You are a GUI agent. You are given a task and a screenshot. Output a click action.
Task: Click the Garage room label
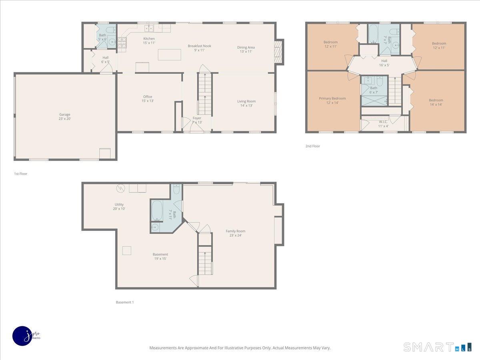[x=65, y=116]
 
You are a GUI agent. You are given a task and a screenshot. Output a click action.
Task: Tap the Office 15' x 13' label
[x=148, y=98]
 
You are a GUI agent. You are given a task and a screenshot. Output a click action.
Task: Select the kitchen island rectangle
[x=169, y=54]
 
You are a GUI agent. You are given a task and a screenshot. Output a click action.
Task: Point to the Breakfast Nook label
[x=199, y=48]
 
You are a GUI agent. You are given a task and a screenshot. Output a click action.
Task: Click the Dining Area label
[x=246, y=49]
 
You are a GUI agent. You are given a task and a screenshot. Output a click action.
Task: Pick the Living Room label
[x=246, y=103]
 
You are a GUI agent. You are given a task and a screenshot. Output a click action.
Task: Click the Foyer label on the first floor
[x=197, y=120]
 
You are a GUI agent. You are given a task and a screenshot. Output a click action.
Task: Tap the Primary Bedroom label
[x=332, y=100]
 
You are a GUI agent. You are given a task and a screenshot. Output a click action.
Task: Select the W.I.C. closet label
[x=383, y=124]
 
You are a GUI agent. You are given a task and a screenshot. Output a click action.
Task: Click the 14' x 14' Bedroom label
[x=436, y=102]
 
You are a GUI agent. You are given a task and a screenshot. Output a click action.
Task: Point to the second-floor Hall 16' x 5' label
[x=384, y=63]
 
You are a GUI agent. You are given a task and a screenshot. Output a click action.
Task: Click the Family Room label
[x=235, y=233]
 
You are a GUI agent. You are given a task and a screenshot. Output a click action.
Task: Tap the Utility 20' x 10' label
[x=119, y=206]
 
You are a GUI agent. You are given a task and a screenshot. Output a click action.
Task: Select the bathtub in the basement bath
[x=157, y=210]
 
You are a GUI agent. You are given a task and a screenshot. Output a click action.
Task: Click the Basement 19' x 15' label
[x=160, y=256]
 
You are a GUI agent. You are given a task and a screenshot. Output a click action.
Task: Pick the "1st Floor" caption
[x=20, y=174]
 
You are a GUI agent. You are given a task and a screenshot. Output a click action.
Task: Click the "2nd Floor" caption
[x=312, y=146]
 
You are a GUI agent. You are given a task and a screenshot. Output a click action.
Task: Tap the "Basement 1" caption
[x=124, y=302]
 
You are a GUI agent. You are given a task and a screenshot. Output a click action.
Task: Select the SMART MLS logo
[x=437, y=347]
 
